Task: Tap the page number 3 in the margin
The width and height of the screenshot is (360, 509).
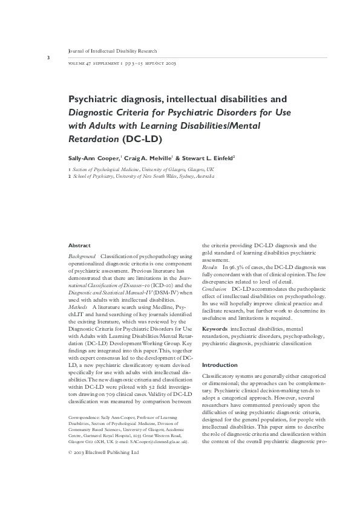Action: [47, 57]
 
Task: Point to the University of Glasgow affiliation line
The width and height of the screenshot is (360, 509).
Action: [143, 170]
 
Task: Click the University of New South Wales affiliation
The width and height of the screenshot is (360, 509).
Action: [143, 177]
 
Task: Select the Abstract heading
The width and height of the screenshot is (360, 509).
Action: [79, 245]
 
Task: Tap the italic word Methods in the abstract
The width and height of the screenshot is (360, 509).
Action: [78, 308]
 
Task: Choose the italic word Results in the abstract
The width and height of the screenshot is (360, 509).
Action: [209, 267]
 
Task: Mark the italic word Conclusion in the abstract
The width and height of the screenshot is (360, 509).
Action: [214, 288]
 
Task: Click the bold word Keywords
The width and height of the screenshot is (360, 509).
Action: [215, 328]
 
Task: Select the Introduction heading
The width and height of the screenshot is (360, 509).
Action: [220, 365]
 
